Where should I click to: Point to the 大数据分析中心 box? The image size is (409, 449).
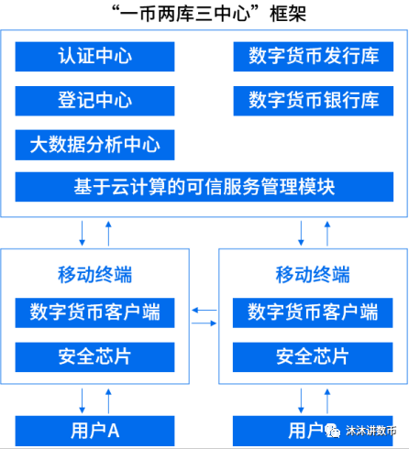click(95, 144)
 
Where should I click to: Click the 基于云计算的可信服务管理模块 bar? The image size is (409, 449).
click(204, 188)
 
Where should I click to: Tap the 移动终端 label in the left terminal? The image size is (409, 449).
click(94, 272)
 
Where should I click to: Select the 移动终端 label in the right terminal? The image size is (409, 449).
click(313, 272)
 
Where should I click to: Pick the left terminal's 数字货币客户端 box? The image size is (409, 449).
click(95, 312)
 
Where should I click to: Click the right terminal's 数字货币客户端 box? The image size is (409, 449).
click(313, 312)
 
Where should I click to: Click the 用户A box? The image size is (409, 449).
click(95, 429)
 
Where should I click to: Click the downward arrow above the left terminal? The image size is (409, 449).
click(83, 232)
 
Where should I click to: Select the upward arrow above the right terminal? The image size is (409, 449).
click(326, 232)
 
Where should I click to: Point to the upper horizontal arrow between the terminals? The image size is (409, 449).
click(204, 312)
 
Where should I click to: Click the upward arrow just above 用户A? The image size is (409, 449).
click(108, 400)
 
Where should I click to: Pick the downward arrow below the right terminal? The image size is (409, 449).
click(301, 400)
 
